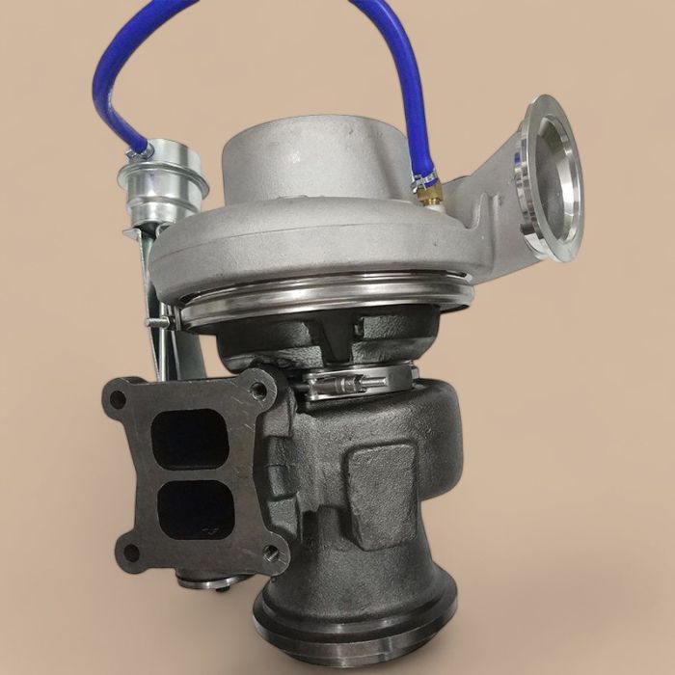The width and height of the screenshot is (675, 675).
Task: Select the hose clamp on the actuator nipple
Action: point(140,149)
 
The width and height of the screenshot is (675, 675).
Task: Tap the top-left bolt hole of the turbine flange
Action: point(118,396)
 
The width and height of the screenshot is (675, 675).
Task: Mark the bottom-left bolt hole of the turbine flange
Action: point(130,553)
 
